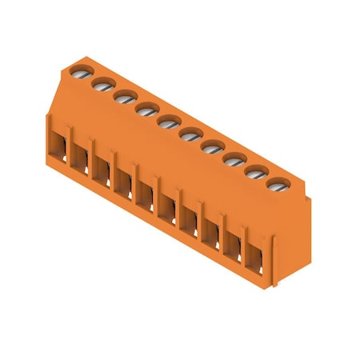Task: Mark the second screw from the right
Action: [x=255, y=174]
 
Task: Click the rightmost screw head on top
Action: [x=277, y=186]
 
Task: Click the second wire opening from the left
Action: [x=79, y=159]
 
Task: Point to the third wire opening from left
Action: [x=101, y=172]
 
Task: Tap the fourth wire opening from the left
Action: [x=123, y=185]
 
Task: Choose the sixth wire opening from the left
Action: [x=166, y=210]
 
